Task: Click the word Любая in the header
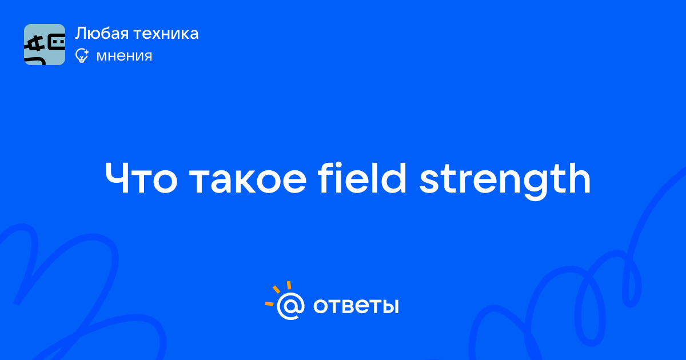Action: (x=102, y=34)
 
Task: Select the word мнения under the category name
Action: (x=124, y=56)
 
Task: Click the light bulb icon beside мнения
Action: (x=82, y=55)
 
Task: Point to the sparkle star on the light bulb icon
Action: (x=86, y=52)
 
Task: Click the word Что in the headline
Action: (x=141, y=178)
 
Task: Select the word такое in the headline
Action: (x=248, y=181)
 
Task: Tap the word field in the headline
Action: (x=362, y=178)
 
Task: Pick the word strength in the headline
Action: (x=504, y=181)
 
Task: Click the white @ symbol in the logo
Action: (x=290, y=306)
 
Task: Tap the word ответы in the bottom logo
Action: (x=356, y=306)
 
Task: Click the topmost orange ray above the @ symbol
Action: (x=289, y=285)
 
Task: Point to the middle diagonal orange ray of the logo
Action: (x=276, y=289)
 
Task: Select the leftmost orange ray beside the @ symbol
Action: (x=269, y=303)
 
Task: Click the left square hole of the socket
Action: (x=55, y=42)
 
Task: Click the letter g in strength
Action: (x=537, y=185)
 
